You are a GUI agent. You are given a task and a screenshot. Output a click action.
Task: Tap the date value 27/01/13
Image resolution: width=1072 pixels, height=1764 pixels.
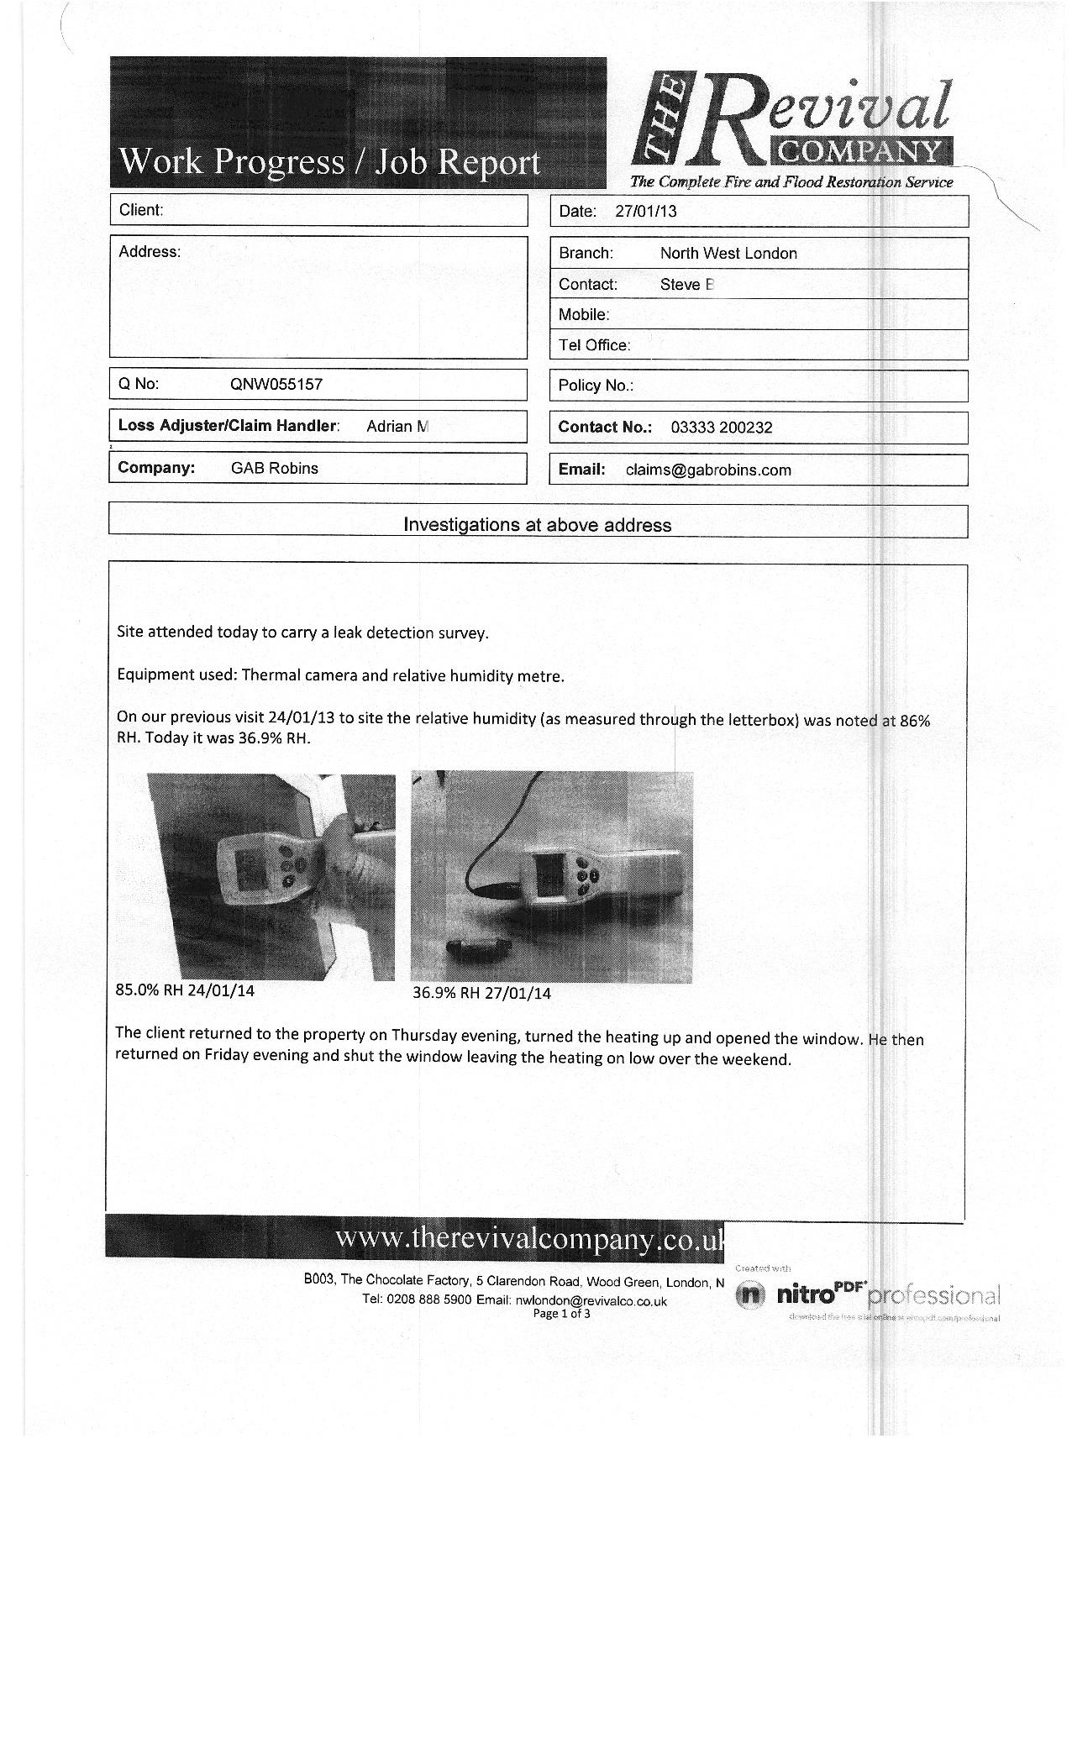click(x=645, y=212)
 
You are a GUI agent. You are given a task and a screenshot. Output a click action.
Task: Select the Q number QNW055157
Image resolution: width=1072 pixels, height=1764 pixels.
click(x=276, y=385)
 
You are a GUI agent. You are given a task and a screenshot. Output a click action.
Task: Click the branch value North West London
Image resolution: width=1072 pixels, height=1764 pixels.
click(x=728, y=254)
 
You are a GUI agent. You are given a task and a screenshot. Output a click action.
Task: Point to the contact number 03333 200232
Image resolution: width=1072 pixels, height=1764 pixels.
click(x=722, y=428)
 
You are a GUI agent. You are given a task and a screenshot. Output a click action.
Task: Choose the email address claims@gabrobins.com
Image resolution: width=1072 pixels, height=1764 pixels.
click(x=708, y=470)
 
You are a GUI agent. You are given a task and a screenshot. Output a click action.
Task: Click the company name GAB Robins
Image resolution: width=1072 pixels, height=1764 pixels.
click(x=275, y=469)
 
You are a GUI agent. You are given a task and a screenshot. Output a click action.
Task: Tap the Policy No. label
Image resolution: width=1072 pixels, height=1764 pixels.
click(x=596, y=386)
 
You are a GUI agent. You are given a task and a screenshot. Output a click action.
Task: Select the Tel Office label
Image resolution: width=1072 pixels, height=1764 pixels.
click(x=594, y=345)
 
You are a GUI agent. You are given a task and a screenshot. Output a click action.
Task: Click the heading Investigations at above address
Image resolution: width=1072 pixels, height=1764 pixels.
click(x=538, y=525)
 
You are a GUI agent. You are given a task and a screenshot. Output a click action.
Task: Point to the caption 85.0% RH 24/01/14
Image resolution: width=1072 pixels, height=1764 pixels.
click(x=185, y=990)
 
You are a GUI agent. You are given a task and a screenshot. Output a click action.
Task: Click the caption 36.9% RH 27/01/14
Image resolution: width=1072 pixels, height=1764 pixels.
click(x=481, y=993)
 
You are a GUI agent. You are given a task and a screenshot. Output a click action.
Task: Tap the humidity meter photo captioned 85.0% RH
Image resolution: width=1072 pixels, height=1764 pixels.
click(x=271, y=877)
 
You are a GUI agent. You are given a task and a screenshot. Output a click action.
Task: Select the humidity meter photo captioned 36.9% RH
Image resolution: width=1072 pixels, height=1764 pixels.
click(x=552, y=877)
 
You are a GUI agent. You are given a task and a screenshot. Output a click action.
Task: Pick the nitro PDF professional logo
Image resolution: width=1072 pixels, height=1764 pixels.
click(x=867, y=1295)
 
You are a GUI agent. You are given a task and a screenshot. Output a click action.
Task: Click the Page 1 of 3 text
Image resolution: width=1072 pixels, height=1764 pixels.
click(x=561, y=1314)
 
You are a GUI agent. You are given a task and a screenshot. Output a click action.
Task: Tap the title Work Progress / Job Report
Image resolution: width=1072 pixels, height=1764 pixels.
click(x=330, y=161)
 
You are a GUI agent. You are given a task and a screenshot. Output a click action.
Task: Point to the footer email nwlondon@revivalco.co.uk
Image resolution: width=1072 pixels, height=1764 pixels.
click(x=591, y=1300)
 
